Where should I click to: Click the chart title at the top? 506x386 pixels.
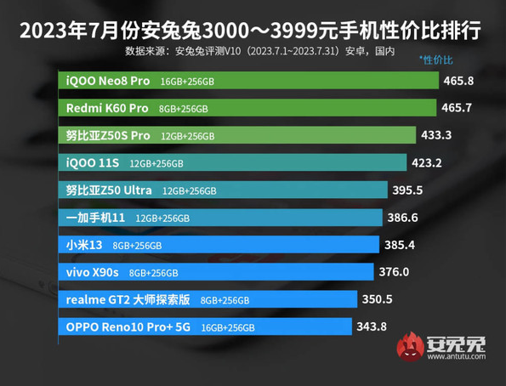point(253,31)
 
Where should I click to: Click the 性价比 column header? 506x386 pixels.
point(436,60)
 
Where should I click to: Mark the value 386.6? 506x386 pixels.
point(406,218)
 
